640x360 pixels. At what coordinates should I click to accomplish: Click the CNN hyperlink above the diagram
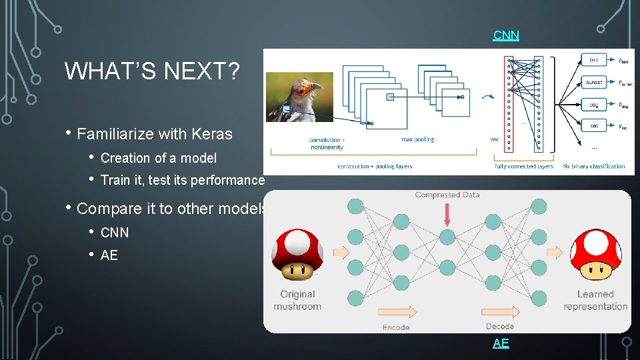point(506,35)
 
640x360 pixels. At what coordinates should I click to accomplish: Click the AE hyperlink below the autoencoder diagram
point(501,343)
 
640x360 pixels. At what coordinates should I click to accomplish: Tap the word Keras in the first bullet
point(211,134)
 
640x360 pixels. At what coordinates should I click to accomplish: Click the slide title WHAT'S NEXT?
point(152,71)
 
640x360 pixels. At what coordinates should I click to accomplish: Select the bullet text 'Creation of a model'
point(158,158)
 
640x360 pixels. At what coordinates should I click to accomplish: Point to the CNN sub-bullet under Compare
point(115,233)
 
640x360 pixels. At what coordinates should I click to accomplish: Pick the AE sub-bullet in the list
point(109,255)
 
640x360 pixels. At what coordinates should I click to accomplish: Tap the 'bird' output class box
point(593,60)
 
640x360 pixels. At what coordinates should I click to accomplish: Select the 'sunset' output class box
point(593,82)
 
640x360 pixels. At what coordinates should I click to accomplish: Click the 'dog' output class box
point(593,105)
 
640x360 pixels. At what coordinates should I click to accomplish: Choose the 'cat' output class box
point(593,125)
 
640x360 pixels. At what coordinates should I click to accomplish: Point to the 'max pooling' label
point(417,139)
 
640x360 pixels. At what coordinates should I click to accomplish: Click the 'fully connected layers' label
point(524,166)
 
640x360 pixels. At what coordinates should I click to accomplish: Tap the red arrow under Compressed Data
point(447,213)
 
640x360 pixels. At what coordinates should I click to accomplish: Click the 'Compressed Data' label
point(447,195)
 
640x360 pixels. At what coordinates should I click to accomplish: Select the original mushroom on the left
point(298,254)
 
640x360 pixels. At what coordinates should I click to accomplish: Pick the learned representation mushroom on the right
point(596,254)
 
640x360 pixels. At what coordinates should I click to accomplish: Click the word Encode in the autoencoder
point(396,327)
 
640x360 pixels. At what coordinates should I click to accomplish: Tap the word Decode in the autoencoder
point(499,326)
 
